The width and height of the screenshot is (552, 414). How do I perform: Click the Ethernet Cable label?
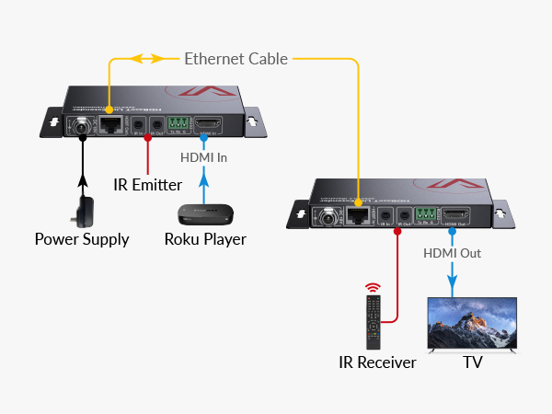236,59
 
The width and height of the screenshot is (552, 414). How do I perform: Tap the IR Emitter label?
147,185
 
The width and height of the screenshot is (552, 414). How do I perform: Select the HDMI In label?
204,157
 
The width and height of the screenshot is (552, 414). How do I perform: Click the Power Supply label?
82,240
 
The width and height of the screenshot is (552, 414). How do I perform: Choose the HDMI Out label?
453,252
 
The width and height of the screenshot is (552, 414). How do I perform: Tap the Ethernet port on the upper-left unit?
110,125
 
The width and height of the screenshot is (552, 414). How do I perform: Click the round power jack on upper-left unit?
81,126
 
